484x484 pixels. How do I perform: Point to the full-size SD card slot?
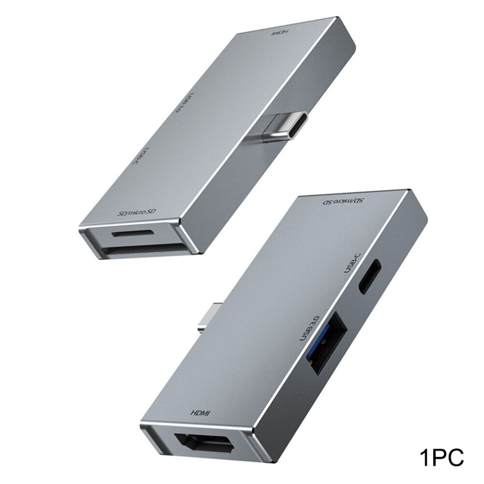coord(143,249)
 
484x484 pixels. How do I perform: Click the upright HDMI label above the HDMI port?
coord(200,413)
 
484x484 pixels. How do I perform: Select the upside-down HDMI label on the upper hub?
coord(280,32)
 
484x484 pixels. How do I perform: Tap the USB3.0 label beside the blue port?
coord(309,328)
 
